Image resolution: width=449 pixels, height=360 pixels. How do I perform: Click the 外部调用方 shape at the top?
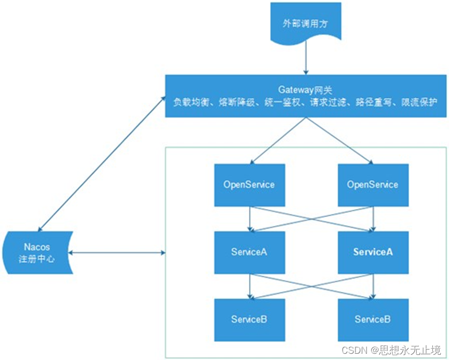pyautogui.click(x=306, y=23)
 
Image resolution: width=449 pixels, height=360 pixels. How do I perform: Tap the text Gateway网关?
pyautogui.click(x=306, y=89)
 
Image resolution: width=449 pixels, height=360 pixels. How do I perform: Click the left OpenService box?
pyautogui.click(x=249, y=184)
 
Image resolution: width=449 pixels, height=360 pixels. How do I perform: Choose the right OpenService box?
pyautogui.click(x=373, y=184)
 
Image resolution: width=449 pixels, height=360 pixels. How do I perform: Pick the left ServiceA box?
pyautogui.click(x=249, y=252)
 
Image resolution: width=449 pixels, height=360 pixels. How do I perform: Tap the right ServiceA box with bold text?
pyautogui.click(x=373, y=252)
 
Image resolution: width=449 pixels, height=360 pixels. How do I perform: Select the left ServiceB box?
pyautogui.click(x=249, y=319)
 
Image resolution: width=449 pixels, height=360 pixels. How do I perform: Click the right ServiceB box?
pyautogui.click(x=373, y=319)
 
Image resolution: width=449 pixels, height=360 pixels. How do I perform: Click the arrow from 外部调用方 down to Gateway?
pyautogui.click(x=306, y=60)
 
